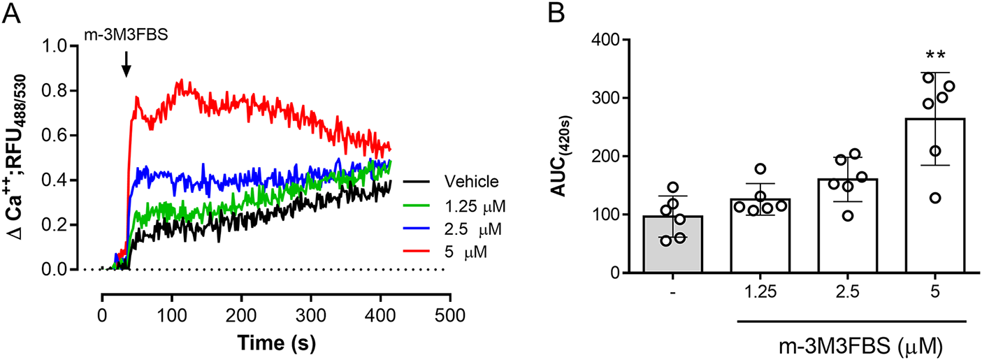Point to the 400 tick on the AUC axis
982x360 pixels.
(x=602, y=41)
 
